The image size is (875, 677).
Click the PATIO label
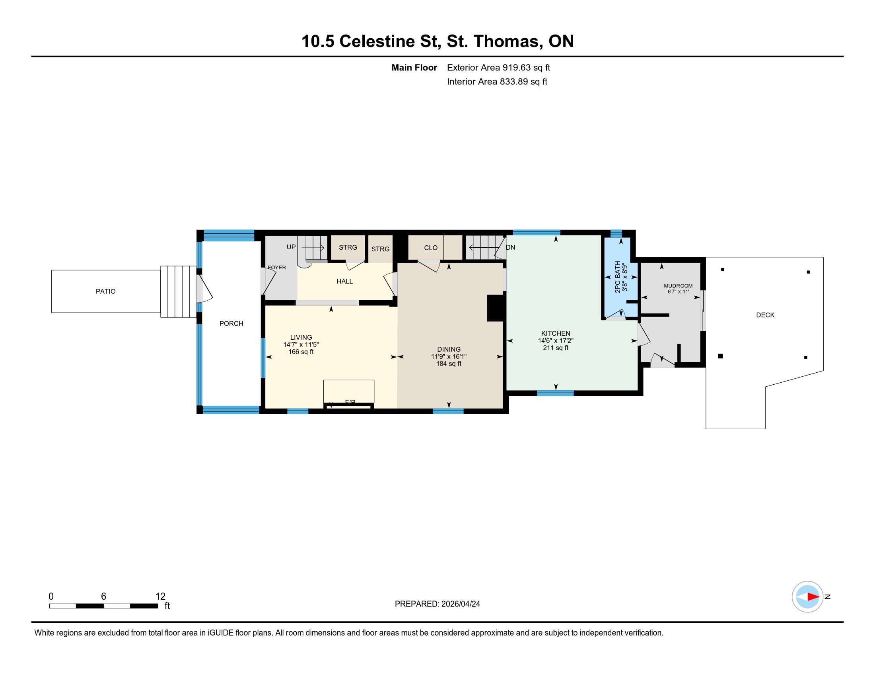[x=105, y=292]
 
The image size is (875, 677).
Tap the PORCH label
[x=231, y=324]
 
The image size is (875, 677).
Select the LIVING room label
[x=301, y=337]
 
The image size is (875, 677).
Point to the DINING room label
[x=449, y=349]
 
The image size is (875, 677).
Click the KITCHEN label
[x=556, y=333]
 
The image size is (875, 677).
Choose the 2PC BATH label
[x=618, y=277]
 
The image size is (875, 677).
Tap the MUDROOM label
[x=678, y=286]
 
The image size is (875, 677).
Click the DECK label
[x=765, y=315]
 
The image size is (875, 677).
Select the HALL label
[x=344, y=282]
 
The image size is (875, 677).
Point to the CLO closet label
[x=431, y=248]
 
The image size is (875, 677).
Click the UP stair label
[x=291, y=247]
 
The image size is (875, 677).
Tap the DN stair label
[x=510, y=247]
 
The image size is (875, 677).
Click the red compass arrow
[x=813, y=597]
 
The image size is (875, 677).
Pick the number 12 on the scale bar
[x=160, y=597]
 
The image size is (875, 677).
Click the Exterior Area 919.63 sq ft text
[x=498, y=67]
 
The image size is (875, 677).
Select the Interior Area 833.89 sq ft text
[x=497, y=81]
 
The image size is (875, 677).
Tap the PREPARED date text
[x=437, y=604]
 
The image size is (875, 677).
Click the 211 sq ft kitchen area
[x=556, y=348]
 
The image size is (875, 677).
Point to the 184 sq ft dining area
[x=449, y=364]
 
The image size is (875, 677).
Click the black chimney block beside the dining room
[x=495, y=308]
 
